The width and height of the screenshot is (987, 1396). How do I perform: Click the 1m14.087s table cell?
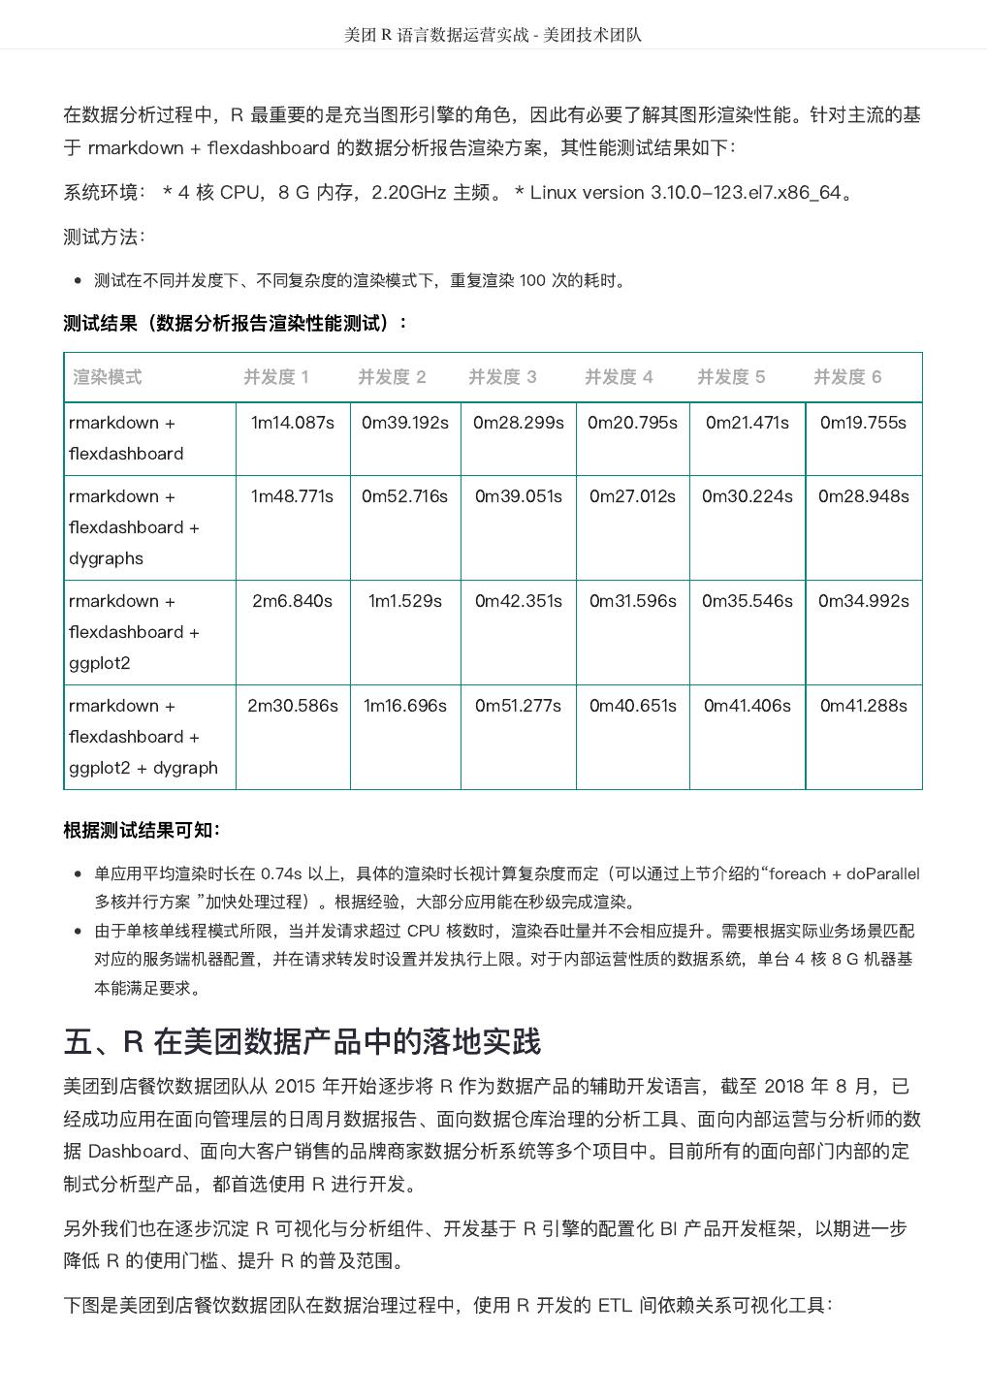coord(293,423)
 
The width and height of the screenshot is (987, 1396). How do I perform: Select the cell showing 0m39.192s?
coord(405,423)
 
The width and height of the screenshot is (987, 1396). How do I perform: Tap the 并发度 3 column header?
coord(502,377)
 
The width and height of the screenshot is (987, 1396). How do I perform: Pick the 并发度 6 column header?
coord(847,377)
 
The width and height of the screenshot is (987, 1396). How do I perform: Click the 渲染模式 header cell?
coord(108,377)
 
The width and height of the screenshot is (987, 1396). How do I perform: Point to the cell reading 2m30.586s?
coord(293,706)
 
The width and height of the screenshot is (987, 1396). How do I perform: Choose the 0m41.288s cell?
coord(864,706)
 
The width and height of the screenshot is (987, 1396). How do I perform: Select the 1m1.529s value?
coord(405,601)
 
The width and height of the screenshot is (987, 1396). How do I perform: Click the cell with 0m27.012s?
coord(633,496)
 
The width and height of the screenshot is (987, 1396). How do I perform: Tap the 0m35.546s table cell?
coord(748,601)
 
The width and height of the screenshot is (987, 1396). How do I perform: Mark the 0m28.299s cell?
coord(519,423)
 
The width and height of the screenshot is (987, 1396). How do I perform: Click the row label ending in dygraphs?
coord(134,527)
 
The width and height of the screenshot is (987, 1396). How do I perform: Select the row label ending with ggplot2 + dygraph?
coord(143,737)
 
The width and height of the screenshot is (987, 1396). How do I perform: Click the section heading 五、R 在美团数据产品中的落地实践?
coord(302,1042)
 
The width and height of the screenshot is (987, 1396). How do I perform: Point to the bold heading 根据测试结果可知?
coord(142,830)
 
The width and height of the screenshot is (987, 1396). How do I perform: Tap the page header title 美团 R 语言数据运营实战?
coord(437,35)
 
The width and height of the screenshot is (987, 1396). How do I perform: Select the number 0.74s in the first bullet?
coord(281,873)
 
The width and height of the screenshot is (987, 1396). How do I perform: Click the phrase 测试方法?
coord(104,237)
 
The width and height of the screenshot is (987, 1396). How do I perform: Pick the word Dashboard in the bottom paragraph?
coord(135,1151)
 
